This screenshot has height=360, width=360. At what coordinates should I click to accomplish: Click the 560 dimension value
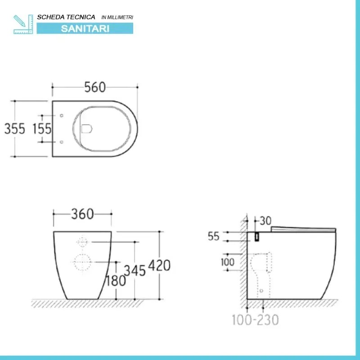click(x=95, y=87)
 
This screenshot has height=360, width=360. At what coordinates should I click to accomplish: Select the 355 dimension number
click(x=15, y=129)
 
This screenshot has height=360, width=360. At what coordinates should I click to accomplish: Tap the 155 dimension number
click(x=42, y=129)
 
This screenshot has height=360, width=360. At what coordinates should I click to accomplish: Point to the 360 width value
click(x=82, y=215)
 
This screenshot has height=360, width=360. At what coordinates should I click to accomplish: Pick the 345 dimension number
click(x=134, y=270)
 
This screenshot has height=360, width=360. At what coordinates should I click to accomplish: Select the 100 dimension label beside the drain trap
click(x=227, y=261)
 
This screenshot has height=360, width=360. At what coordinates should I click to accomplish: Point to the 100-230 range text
click(x=255, y=320)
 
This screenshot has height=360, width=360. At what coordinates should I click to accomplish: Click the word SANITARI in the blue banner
click(x=85, y=28)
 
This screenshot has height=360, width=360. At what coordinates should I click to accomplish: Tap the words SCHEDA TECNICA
click(x=66, y=17)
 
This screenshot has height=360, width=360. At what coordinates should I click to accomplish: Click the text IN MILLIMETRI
click(x=117, y=17)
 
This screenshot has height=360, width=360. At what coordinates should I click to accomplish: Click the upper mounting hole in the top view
click(x=61, y=116)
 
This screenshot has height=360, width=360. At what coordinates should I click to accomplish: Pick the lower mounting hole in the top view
click(x=61, y=142)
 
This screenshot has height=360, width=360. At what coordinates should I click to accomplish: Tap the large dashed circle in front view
click(x=81, y=262)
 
